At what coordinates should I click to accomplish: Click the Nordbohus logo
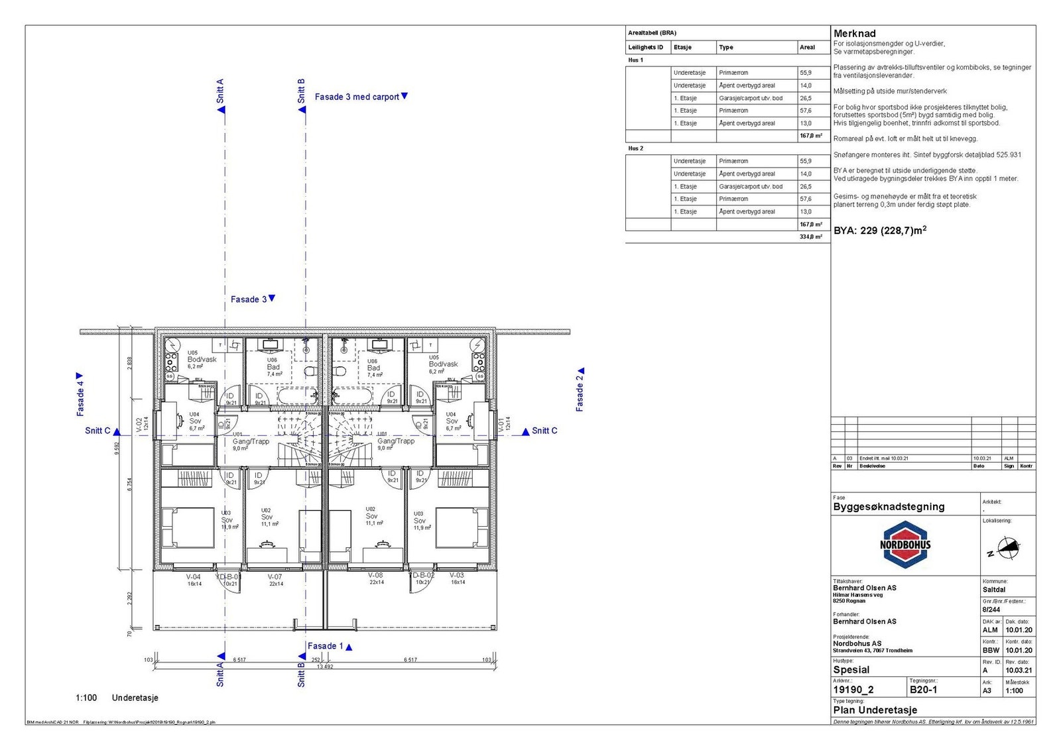coord(905,545)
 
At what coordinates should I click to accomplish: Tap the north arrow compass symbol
coord(1007,549)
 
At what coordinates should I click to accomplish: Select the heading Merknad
coord(854,33)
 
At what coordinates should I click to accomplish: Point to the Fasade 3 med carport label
coord(357,97)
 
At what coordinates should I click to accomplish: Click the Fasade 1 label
coord(325,646)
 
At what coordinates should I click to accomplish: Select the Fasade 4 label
coord(80,398)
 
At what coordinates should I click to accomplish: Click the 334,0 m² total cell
coord(810,237)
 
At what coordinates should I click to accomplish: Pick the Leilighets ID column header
coord(645,47)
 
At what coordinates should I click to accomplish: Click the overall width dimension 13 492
coord(325,667)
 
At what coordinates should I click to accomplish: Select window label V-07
coord(275,576)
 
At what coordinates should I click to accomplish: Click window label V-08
coord(375,576)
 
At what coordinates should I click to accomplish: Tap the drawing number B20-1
coord(923,690)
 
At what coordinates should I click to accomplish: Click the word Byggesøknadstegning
coord(888,507)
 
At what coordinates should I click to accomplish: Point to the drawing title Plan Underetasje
coord(875,710)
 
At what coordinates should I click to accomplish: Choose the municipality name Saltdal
coord(993,589)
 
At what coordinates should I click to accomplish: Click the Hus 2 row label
coord(635,148)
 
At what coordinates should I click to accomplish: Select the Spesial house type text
coord(851,670)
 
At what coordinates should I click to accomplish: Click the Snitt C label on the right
coord(544,431)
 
